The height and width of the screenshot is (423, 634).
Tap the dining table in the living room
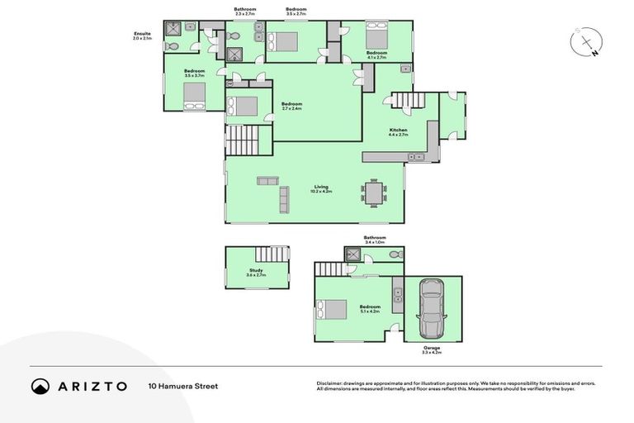(373, 192)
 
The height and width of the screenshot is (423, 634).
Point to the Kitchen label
(398, 131)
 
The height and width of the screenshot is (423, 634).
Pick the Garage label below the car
(431, 348)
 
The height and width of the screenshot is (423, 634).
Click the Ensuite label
(142, 34)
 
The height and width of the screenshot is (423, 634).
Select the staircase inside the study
(272, 254)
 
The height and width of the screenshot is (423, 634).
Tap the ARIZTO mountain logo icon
(40, 386)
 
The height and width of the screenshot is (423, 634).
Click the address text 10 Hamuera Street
(183, 386)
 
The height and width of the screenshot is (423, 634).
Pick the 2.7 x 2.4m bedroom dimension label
(291, 109)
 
